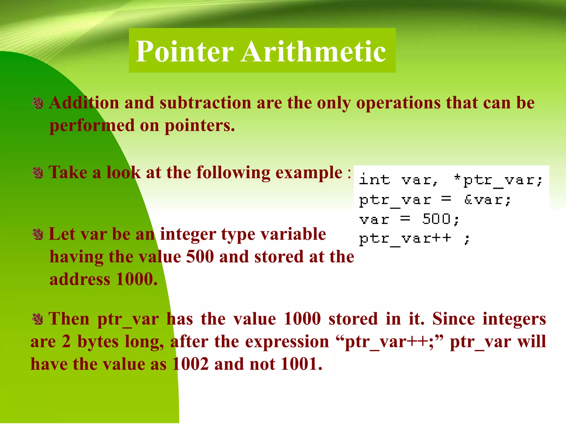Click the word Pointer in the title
185,52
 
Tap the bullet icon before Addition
38,104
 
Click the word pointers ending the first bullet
200,126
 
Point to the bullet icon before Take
38,173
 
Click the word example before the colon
309,173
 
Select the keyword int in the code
374,180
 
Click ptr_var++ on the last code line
405,239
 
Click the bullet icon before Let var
38,235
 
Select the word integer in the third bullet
188,234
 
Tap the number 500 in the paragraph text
200,257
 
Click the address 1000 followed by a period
137,279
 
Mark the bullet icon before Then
38,319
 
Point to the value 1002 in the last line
190,364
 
